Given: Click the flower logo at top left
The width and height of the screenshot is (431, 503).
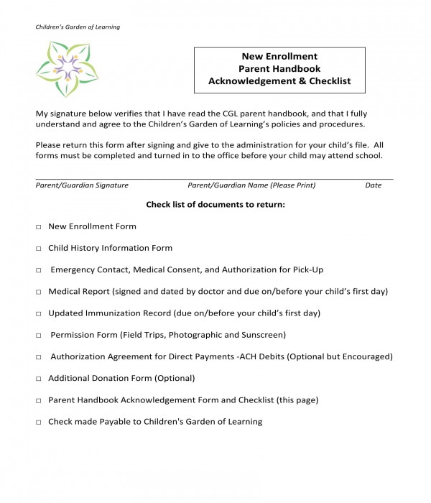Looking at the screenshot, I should [x=67, y=69].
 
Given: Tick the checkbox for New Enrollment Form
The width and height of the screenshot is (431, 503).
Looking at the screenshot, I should [x=38, y=227].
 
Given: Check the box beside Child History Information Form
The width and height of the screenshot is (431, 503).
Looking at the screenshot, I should [x=38, y=249].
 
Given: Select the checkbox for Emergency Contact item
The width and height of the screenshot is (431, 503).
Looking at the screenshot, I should [x=38, y=271].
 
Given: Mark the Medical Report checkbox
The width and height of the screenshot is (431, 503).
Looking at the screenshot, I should [x=38, y=292].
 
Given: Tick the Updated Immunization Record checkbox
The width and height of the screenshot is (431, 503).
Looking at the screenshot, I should [x=38, y=314].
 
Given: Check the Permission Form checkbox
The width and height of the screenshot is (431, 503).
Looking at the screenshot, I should [x=38, y=336].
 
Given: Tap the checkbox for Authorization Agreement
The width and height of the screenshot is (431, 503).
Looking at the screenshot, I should [x=38, y=357].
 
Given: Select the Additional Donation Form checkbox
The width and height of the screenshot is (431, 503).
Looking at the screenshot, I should [x=38, y=379].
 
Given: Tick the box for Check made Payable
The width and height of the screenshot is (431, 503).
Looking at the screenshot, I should [x=38, y=423].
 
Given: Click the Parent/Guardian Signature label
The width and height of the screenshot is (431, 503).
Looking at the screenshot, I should [x=82, y=185].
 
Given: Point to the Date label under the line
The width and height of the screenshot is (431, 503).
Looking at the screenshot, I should [x=373, y=185].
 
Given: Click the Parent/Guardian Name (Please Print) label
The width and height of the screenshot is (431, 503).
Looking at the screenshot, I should [x=251, y=185].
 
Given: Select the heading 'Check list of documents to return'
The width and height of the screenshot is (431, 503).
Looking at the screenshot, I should [x=215, y=205].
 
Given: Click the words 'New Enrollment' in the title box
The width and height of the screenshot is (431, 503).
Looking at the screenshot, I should [x=279, y=56].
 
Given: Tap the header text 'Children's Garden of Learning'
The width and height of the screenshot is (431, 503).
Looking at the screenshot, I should [x=78, y=27].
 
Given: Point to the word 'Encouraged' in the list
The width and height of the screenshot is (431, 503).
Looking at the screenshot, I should [x=366, y=356].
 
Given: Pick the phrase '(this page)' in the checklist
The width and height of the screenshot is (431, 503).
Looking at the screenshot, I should [x=296, y=400].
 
